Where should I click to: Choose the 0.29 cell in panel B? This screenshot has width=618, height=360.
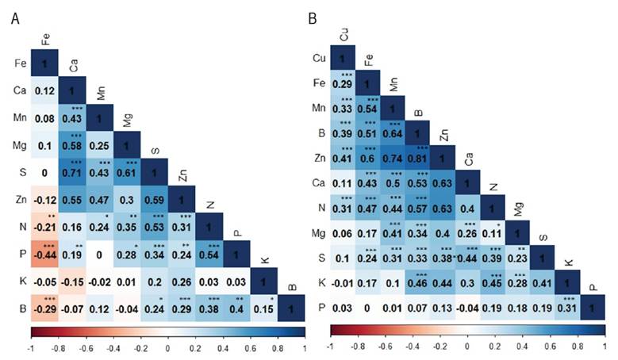(x=342, y=83)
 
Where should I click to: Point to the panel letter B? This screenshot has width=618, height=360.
(x=313, y=17)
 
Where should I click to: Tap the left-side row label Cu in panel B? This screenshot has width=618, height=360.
(x=318, y=58)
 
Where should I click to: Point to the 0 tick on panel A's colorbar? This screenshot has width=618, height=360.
(x=167, y=347)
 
